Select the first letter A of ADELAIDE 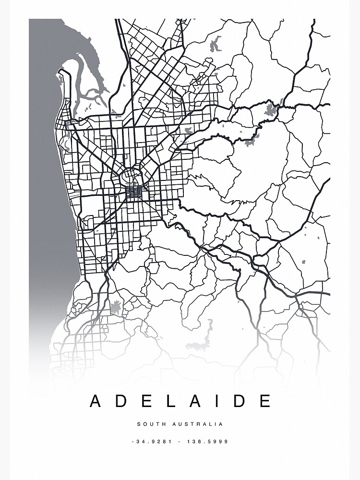pyautogui.click(x=96, y=401)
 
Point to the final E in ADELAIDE pyautogui.click(x=265, y=401)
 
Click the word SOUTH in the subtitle pyautogui.click(x=149, y=424)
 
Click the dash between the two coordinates pyautogui.click(x=180, y=442)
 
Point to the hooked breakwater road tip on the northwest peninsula pyautogui.click(x=61, y=72)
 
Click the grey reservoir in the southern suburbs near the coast pyautogui.click(x=115, y=307)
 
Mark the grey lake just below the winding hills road pyautogui.click(x=250, y=142)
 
